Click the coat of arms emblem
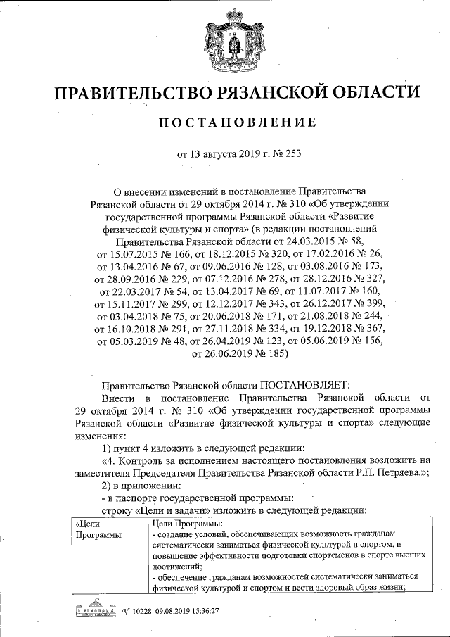(224, 44)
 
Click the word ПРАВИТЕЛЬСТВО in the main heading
(134, 93)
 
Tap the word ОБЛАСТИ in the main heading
(368, 93)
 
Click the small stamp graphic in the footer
(94, 609)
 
